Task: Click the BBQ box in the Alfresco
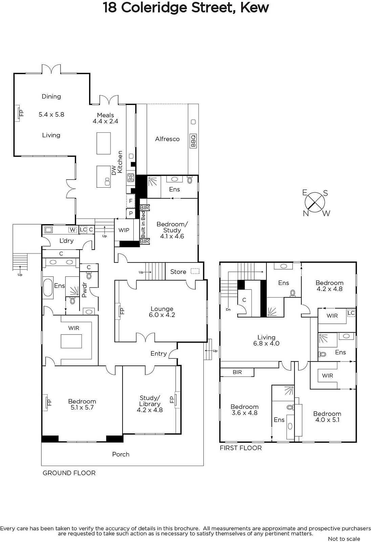193,141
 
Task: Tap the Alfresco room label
167,139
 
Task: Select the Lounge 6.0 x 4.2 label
162,312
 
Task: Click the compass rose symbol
315,202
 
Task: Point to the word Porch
121,454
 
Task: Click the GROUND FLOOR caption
69,473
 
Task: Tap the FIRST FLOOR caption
241,448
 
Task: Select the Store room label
178,272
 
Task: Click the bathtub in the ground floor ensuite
48,288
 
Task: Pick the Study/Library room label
150,404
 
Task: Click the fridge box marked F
131,201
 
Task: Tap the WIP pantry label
124,230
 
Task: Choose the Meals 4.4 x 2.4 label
106,118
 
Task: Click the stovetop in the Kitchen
131,178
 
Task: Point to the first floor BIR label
237,372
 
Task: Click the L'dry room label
66,241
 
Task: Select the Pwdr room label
84,290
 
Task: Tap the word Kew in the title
255,7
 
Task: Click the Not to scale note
344,539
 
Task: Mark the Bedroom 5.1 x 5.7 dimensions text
82,408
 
